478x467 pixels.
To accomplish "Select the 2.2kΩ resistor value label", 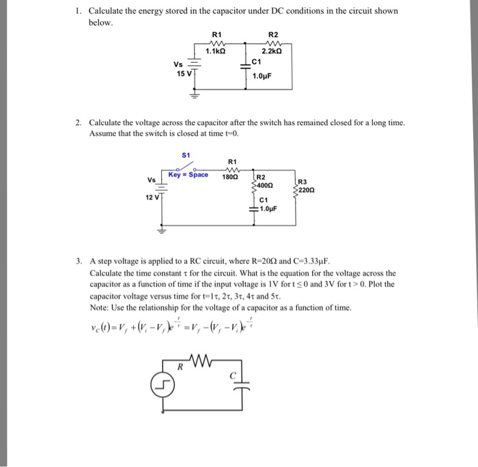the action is (272, 51).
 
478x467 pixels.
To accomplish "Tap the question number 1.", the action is (78, 12).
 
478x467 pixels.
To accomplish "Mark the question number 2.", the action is (78, 123).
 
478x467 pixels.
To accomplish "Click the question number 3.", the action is (78, 261).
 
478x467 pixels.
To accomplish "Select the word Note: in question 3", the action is (99, 308).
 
